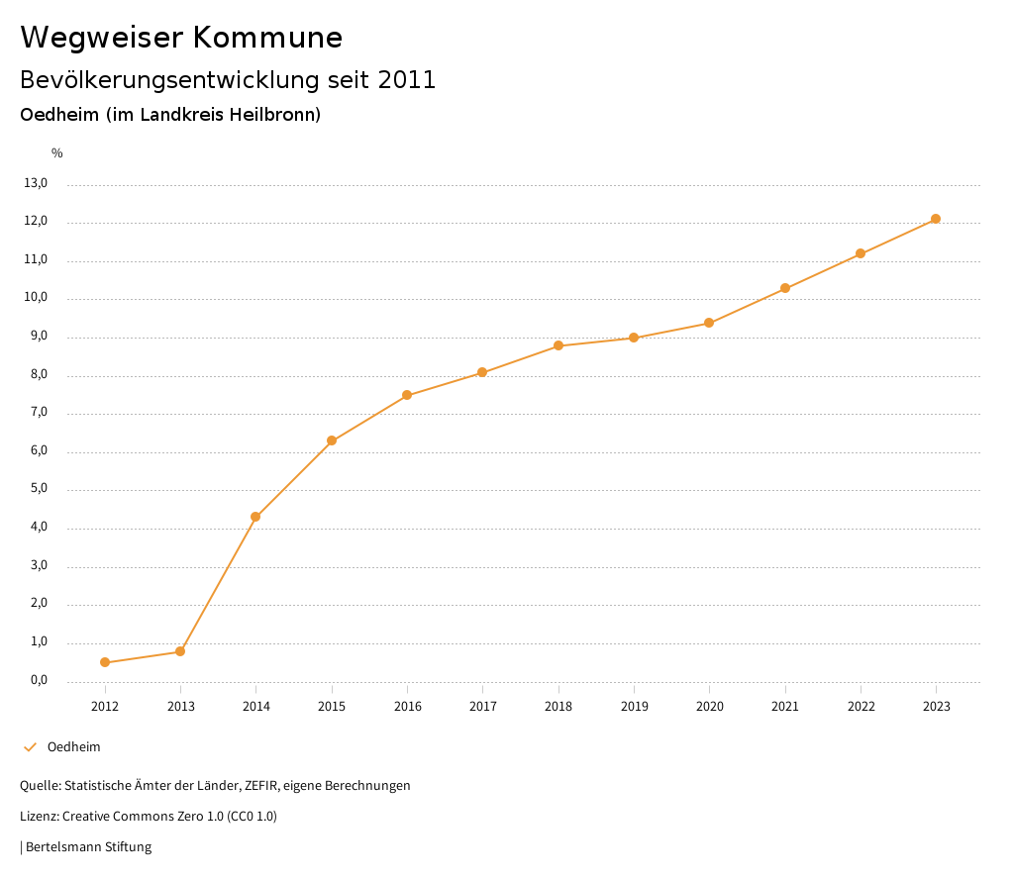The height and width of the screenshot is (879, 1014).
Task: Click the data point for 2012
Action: click(105, 662)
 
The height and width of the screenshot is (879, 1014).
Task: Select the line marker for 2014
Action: click(255, 517)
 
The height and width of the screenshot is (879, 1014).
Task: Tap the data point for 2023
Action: click(936, 219)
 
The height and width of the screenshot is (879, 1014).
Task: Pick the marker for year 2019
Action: click(634, 338)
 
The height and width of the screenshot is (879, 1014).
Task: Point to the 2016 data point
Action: click(407, 395)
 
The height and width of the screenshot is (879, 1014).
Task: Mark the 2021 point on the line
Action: click(785, 288)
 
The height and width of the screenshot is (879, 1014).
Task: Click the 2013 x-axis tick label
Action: click(180, 707)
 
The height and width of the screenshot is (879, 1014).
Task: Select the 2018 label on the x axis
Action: click(558, 707)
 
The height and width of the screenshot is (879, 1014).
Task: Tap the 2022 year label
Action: click(861, 707)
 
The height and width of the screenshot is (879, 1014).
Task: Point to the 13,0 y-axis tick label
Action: click(36, 183)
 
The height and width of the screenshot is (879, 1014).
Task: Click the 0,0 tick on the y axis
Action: click(39, 681)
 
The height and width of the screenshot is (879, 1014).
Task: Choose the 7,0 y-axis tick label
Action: click(39, 413)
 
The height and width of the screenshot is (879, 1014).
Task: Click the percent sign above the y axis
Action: click(57, 153)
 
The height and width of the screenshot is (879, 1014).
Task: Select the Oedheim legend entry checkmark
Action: click(30, 747)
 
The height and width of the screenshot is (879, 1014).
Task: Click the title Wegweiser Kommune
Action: click(181, 37)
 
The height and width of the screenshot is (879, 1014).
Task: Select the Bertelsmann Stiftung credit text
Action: click(88, 847)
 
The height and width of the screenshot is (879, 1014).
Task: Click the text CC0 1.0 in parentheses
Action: click(252, 817)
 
